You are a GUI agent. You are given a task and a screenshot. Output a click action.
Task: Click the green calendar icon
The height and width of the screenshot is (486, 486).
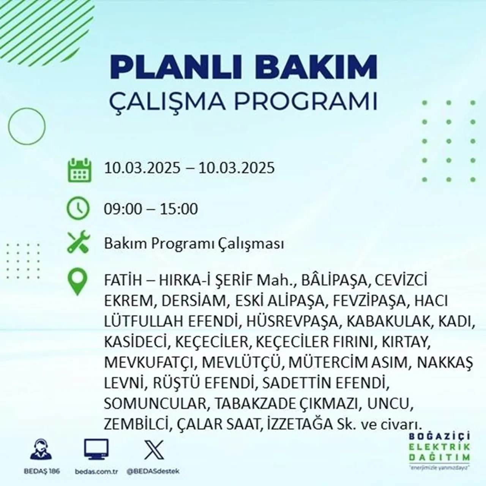(79, 170)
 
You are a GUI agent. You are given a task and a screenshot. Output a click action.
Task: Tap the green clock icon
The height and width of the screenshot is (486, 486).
(78, 208)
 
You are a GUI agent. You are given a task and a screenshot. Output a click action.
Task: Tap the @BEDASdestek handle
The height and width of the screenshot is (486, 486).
(153, 471)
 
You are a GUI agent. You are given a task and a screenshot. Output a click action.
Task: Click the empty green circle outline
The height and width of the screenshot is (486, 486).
(27, 126)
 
